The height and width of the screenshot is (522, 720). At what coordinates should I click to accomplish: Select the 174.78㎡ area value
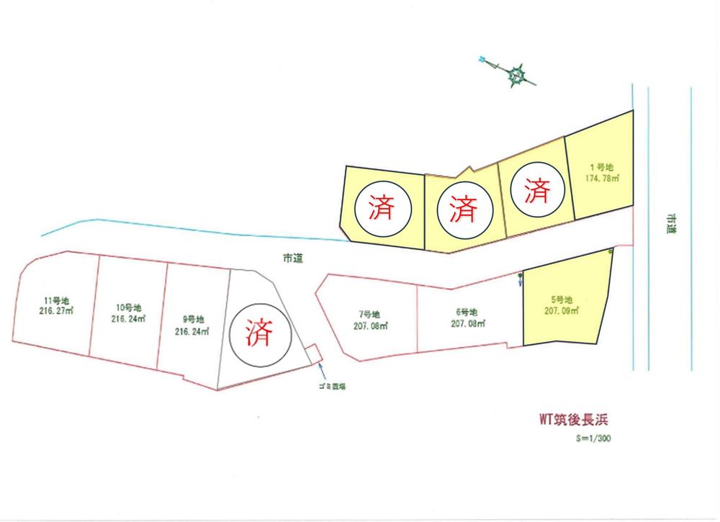click(604, 177)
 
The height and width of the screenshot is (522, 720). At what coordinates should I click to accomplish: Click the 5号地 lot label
click(561, 300)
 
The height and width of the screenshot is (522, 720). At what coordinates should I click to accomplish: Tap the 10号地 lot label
click(129, 307)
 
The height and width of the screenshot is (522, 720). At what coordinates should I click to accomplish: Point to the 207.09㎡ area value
click(562, 312)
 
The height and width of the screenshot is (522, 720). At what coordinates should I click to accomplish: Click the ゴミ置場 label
click(333, 387)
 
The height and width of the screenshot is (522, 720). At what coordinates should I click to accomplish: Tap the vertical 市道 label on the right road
click(671, 224)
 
